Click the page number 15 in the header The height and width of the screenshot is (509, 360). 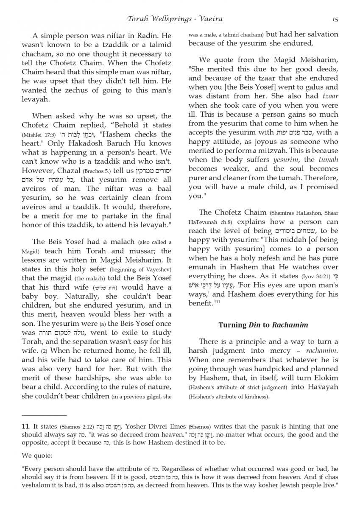pos(335,19)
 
